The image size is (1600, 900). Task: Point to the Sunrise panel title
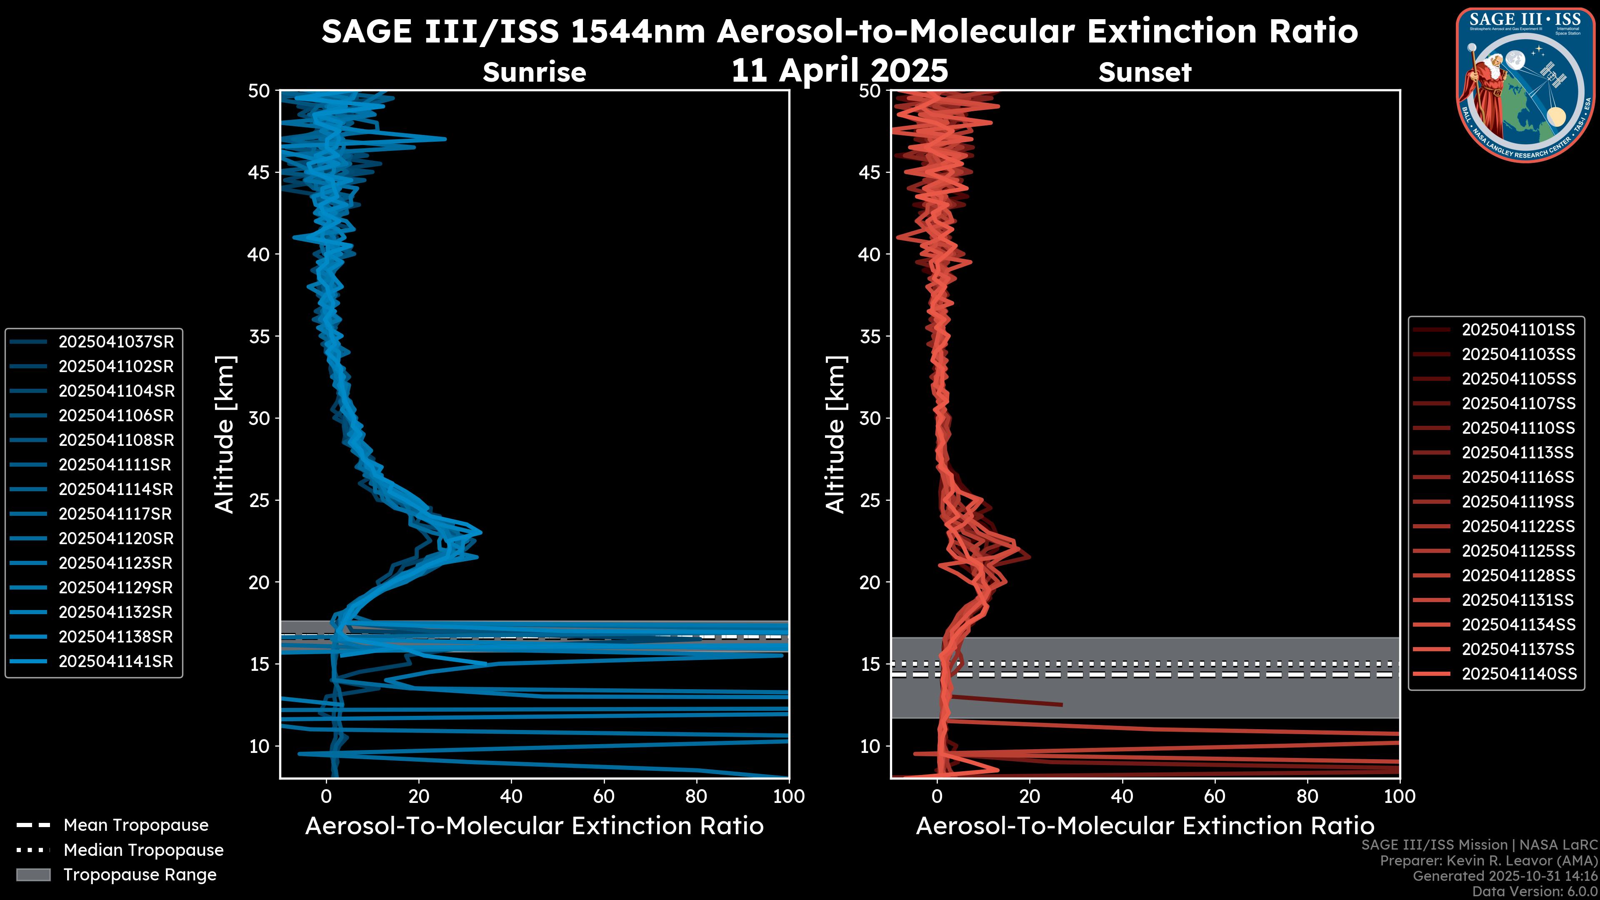534,72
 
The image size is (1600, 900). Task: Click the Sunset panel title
1145,72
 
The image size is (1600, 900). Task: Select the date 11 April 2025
840,70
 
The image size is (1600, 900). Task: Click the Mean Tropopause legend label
136,825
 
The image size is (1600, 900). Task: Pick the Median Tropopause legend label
143,850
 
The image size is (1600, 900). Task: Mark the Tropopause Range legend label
140,875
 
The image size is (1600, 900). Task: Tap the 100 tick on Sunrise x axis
789,796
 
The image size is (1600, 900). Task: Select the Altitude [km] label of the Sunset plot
836,434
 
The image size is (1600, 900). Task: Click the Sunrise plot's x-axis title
534,826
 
